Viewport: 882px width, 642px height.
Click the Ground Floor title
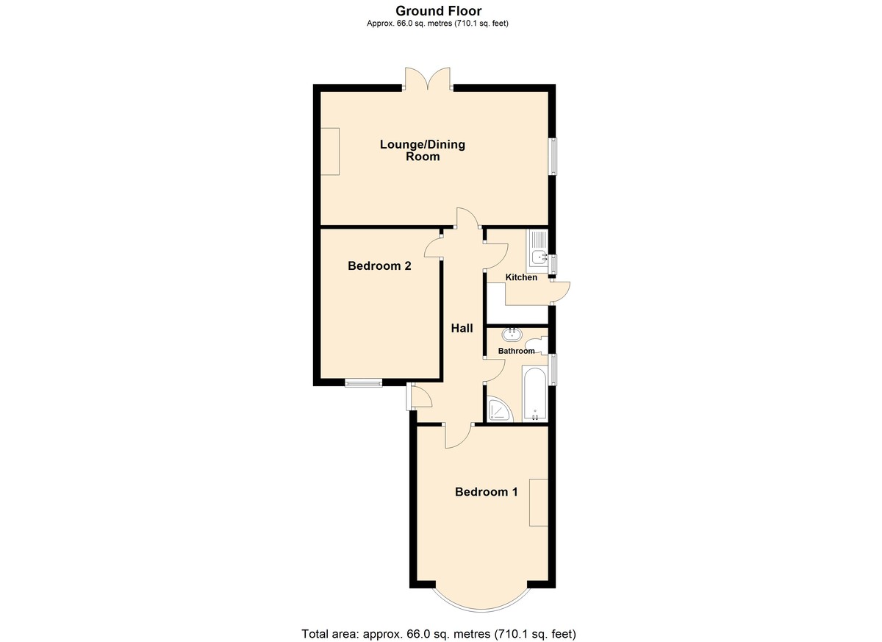point(438,10)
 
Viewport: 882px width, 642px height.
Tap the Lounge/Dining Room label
point(423,150)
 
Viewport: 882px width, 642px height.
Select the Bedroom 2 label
point(379,266)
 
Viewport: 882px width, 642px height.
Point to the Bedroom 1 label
point(487,492)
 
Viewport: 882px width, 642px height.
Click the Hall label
point(462,328)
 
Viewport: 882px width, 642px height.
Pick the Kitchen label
point(521,277)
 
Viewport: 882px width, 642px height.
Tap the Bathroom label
point(516,351)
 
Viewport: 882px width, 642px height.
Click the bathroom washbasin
point(512,335)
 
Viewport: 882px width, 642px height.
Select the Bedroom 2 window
point(364,383)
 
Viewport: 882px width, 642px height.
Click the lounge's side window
point(553,156)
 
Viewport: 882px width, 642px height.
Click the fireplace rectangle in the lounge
point(330,151)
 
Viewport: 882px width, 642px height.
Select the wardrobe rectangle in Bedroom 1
point(539,502)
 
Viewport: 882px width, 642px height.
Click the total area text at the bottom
point(439,634)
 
